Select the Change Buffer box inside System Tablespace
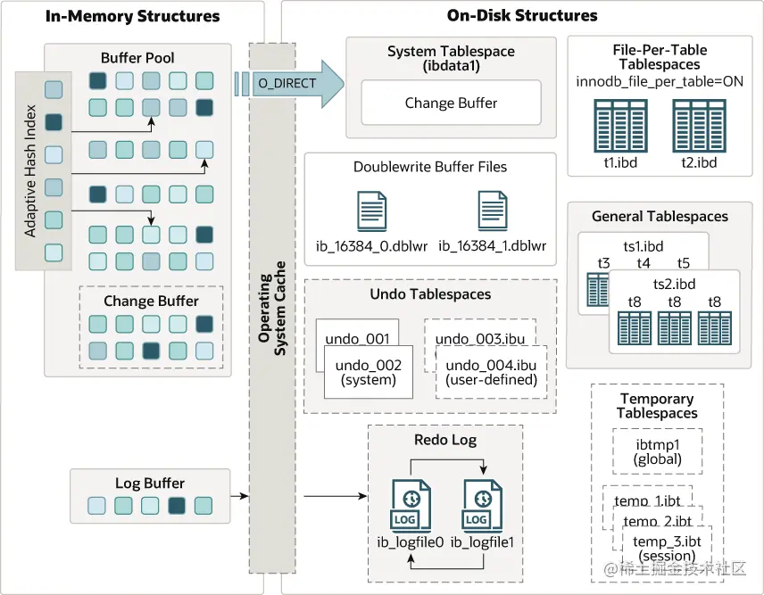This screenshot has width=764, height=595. pyautogui.click(x=451, y=103)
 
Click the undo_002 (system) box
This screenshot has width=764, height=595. pyautogui.click(x=368, y=372)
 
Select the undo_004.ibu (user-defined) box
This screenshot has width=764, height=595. pyautogui.click(x=491, y=372)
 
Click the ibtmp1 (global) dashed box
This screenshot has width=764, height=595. pyautogui.click(x=658, y=451)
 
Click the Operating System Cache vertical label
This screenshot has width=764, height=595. pyautogui.click(x=272, y=308)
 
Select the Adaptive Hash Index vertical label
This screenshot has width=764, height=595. pyautogui.click(x=30, y=172)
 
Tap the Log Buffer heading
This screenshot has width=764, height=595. pyautogui.click(x=141, y=484)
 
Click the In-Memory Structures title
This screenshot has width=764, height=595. pyautogui.click(x=132, y=16)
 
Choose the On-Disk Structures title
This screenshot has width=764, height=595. pyautogui.click(x=522, y=16)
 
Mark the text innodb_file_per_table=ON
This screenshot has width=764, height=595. pyautogui.click(x=660, y=82)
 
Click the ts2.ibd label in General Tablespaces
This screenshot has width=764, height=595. pyautogui.click(x=674, y=284)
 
